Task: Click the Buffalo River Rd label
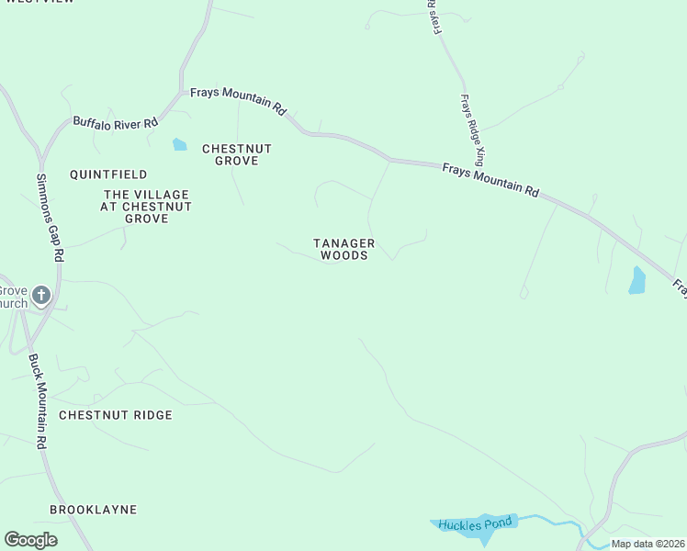[116, 121]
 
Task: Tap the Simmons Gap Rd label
[49, 219]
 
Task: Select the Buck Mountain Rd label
[37, 401]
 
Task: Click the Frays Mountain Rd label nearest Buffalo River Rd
[237, 100]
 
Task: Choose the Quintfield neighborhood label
[108, 174]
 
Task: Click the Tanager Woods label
[344, 249]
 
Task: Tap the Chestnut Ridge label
[116, 415]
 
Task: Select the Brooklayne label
[93, 509]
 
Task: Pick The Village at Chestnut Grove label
[146, 207]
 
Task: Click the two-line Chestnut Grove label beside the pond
[237, 154]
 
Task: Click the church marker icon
[40, 295]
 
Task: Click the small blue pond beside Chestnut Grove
[179, 144]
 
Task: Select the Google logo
[30, 540]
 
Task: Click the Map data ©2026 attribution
[648, 544]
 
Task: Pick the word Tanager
[344, 242]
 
